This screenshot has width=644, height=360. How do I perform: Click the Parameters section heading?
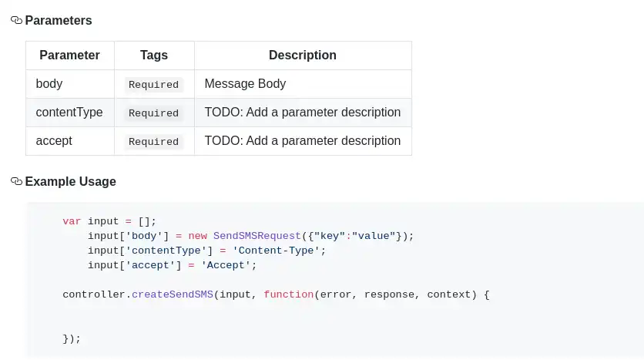[59, 21]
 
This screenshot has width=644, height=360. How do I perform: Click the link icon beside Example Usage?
[16, 182]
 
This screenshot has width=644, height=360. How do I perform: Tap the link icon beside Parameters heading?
[16, 21]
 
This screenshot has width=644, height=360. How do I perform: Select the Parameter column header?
[69, 56]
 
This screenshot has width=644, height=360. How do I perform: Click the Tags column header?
[154, 56]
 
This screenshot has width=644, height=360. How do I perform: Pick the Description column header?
[302, 56]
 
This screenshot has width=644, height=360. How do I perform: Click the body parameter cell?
[49, 84]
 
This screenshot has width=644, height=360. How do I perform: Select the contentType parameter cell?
[69, 113]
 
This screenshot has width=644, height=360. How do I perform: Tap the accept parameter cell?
[54, 141]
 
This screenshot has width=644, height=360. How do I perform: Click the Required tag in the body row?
[154, 85]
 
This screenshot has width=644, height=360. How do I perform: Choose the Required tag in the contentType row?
[154, 113]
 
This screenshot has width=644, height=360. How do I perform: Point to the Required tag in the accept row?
[154, 142]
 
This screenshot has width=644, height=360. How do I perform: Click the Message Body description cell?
[245, 84]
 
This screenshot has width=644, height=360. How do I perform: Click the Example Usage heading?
[71, 182]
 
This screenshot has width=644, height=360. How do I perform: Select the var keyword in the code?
[72, 221]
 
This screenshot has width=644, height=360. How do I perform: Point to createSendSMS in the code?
[173, 294]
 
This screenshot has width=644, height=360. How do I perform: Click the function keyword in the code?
[288, 294]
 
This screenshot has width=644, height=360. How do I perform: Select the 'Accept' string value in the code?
[226, 265]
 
